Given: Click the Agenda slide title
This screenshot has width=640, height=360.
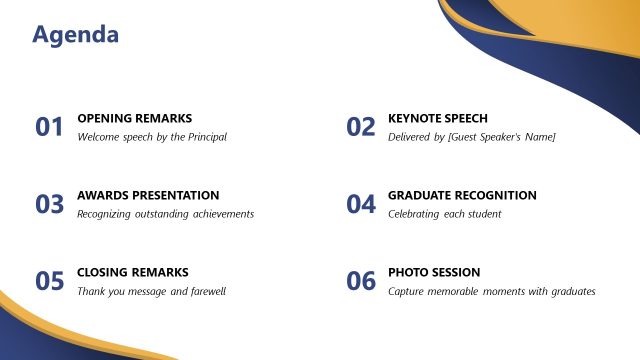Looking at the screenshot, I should pyautogui.click(x=76, y=35).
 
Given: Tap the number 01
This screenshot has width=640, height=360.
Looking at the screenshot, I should pyautogui.click(x=49, y=127).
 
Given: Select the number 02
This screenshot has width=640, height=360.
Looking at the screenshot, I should pyautogui.click(x=360, y=127).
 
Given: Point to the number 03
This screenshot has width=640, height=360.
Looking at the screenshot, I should pyautogui.click(x=49, y=204).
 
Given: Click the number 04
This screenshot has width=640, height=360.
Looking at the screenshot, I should pyautogui.click(x=360, y=204).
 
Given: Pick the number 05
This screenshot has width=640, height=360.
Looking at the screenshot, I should pyautogui.click(x=49, y=281).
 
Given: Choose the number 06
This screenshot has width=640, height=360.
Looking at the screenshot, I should pyautogui.click(x=360, y=281).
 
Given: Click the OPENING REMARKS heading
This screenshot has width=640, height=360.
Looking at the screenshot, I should pyautogui.click(x=134, y=118).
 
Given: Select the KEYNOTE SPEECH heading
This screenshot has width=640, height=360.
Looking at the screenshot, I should pyautogui.click(x=438, y=118).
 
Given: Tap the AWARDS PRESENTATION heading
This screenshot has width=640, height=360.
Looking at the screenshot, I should pyautogui.click(x=148, y=195).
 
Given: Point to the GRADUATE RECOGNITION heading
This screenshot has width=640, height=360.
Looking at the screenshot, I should pyautogui.click(x=462, y=195).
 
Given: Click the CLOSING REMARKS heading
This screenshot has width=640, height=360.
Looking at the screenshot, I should pyautogui.click(x=132, y=272).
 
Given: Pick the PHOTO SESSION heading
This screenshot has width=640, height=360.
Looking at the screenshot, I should pyautogui.click(x=434, y=272).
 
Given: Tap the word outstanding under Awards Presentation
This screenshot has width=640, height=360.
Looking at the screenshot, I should pyautogui.click(x=165, y=213).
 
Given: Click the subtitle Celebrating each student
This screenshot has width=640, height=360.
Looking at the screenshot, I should pyautogui.click(x=444, y=213).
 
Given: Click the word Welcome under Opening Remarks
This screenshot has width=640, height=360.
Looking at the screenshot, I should pyautogui.click(x=98, y=136).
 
